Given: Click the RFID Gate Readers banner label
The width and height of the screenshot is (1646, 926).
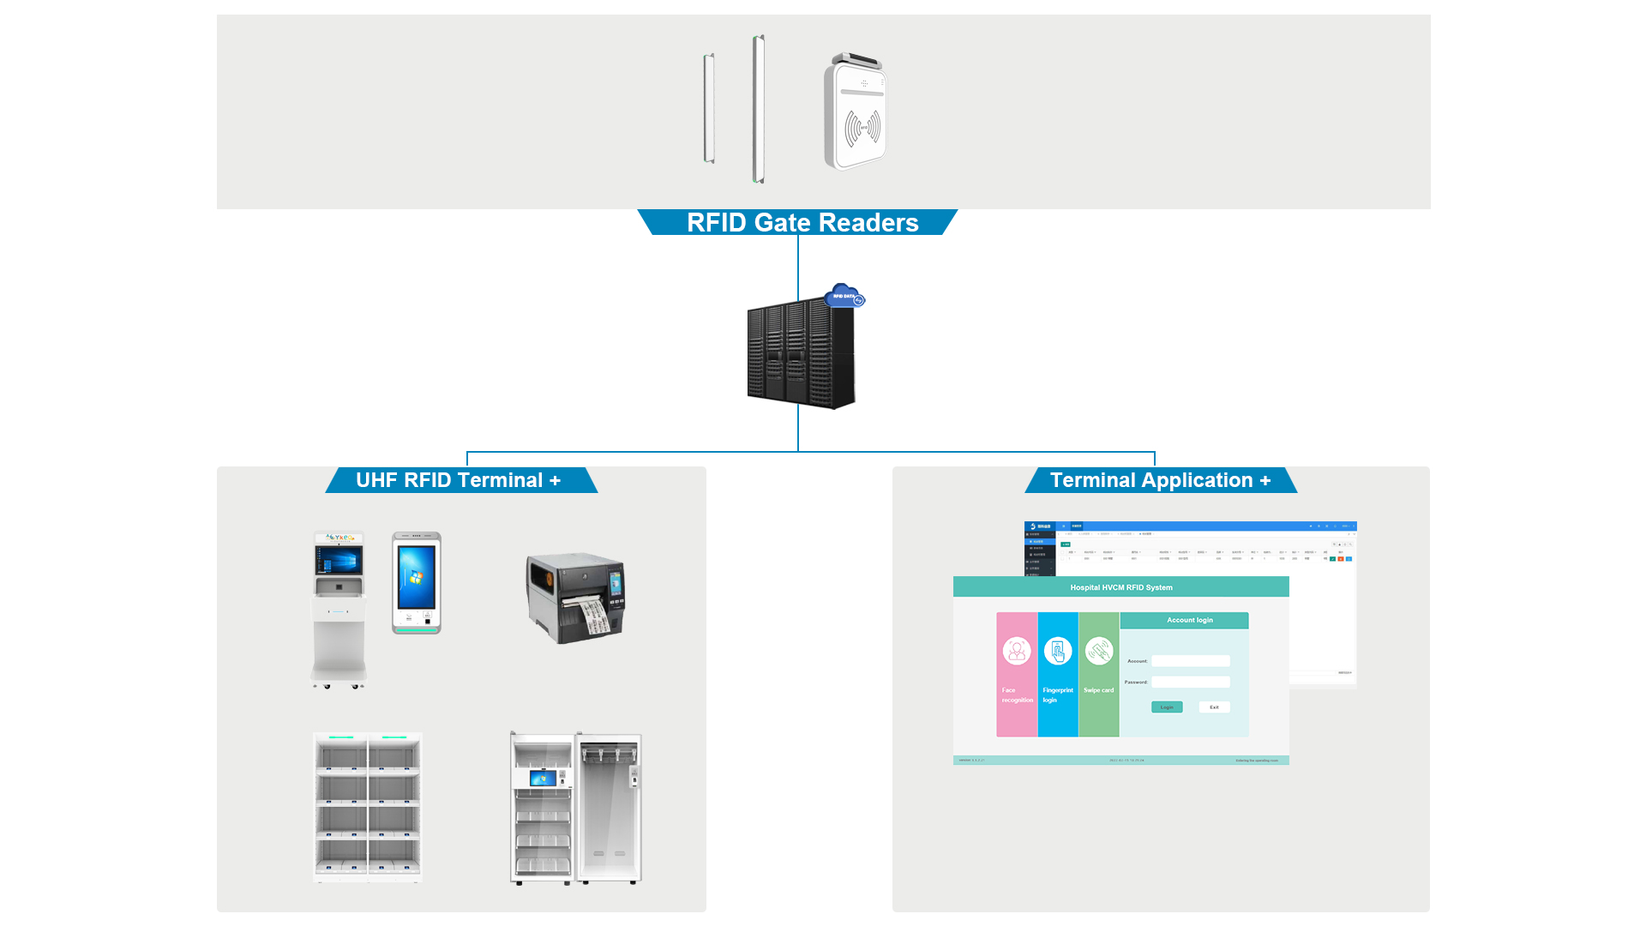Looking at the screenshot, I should [802, 223].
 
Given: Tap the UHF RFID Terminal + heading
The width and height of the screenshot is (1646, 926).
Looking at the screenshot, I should [459, 480].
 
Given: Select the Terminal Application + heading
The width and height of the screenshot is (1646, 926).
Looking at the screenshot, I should [1160, 480].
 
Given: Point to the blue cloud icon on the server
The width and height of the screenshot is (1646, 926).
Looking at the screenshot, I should [844, 296].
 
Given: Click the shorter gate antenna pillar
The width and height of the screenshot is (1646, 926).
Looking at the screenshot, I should [709, 108].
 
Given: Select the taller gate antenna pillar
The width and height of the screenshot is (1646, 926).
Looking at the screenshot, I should [758, 109].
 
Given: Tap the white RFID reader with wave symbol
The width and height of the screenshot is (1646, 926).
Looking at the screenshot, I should [856, 113].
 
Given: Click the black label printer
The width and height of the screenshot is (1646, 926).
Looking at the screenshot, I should [574, 598].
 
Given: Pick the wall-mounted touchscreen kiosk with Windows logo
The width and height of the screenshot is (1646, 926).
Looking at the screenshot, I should [417, 583].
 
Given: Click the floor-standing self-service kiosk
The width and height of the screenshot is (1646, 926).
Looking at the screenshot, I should [339, 609].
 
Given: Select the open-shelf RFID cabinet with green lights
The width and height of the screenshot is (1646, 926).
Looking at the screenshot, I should [368, 807].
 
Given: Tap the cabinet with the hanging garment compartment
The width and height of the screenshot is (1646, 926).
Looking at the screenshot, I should [576, 807].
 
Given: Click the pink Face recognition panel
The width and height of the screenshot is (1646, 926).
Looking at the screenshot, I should [1017, 674].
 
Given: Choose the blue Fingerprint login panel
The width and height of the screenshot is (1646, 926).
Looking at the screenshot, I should [1058, 674].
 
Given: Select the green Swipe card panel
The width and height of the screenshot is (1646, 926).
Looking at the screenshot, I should [1099, 674].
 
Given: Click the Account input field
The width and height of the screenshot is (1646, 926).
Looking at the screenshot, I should [1190, 661].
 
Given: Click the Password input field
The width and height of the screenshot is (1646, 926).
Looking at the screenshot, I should [1190, 682].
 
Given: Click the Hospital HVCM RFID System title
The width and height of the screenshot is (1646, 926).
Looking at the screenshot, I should [1120, 587].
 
